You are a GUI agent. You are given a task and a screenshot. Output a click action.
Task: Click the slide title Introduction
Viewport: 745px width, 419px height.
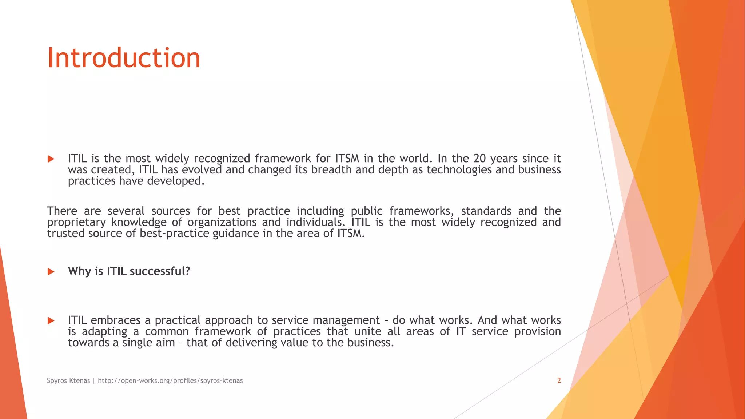(124, 58)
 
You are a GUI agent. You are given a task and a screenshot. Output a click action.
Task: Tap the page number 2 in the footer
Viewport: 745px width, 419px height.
(559, 380)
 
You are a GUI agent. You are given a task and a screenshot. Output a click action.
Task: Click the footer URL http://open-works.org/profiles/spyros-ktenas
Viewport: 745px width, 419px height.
(170, 380)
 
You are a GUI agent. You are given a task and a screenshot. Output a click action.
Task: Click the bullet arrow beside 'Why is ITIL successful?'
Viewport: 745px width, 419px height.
(51, 272)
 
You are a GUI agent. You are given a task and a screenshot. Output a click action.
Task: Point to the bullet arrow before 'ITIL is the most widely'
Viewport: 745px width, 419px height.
(51, 159)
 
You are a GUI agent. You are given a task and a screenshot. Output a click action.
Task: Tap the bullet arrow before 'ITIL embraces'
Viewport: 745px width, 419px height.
(51, 320)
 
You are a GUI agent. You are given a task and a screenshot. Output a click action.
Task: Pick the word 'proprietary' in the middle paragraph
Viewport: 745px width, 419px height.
(76, 222)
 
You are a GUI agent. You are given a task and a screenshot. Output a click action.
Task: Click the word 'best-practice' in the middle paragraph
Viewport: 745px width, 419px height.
(174, 233)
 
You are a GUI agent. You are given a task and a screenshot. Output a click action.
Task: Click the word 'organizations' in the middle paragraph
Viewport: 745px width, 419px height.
(222, 222)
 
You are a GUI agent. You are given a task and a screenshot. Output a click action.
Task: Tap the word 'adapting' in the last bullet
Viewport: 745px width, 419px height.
(104, 332)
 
